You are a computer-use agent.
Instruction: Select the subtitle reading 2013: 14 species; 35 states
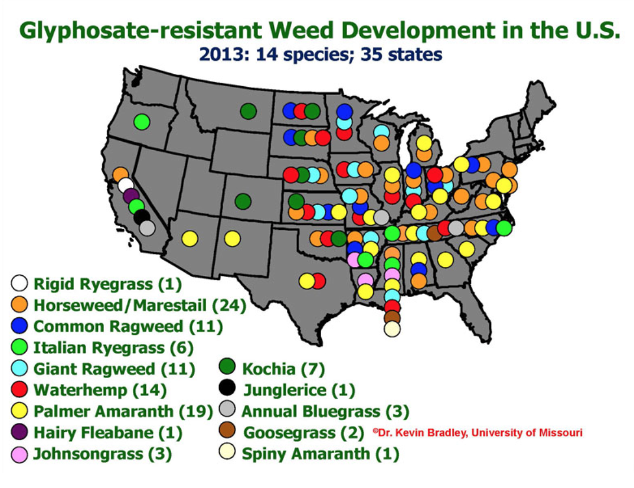click(x=321, y=54)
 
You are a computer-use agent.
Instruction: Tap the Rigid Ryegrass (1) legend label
click(x=107, y=284)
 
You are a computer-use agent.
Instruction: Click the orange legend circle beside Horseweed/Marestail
click(x=19, y=305)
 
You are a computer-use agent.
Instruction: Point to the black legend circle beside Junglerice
click(x=227, y=389)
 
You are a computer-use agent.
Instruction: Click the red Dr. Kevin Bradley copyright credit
click(x=477, y=432)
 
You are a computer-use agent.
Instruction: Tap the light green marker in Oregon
click(x=141, y=122)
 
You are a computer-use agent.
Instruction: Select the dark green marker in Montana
click(x=249, y=110)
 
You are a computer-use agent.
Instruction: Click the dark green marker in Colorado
click(x=243, y=201)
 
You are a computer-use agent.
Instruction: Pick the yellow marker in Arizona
click(x=189, y=239)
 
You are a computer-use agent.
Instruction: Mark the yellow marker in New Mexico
click(x=233, y=239)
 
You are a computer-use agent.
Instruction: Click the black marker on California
click(x=142, y=217)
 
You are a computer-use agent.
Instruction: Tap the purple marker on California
click(x=132, y=196)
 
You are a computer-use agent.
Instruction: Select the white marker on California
click(x=126, y=186)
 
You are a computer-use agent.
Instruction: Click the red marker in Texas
click(x=319, y=281)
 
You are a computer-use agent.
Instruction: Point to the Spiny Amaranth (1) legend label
click(x=321, y=454)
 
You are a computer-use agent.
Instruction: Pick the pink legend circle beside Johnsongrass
click(x=19, y=454)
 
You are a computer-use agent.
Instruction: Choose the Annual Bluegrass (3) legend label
click(x=325, y=411)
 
